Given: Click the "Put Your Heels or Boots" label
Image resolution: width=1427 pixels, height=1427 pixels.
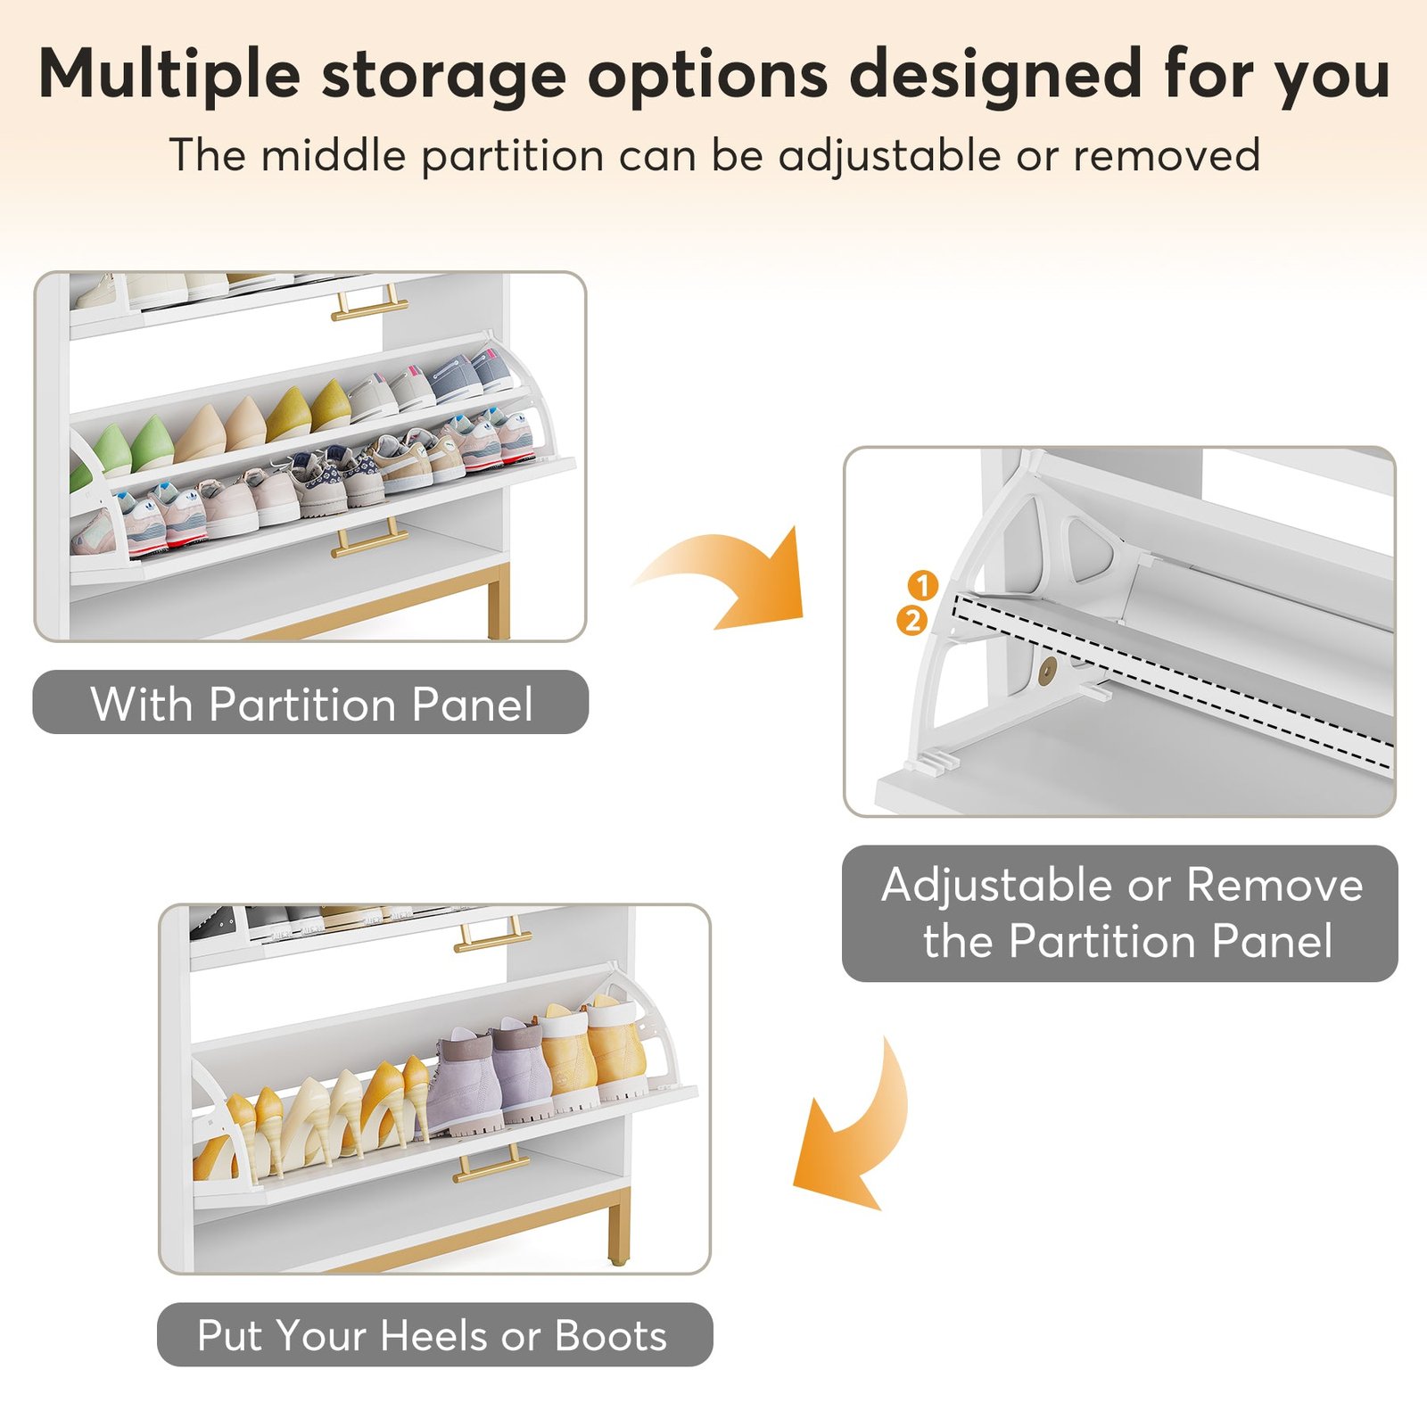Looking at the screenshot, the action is tap(434, 1334).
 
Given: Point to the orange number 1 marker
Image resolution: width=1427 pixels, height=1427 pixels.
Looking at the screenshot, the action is tap(923, 585).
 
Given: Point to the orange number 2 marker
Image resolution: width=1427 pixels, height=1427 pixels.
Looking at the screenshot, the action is tap(912, 620).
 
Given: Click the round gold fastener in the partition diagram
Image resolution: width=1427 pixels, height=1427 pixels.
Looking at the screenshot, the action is tap(1048, 668).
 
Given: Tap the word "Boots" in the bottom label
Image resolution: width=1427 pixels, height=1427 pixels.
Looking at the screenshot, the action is tap(611, 1335).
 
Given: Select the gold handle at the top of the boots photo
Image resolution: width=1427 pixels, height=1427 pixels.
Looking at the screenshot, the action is tap(492, 935).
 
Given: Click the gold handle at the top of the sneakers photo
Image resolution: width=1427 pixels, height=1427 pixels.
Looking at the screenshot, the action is tap(370, 303).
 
